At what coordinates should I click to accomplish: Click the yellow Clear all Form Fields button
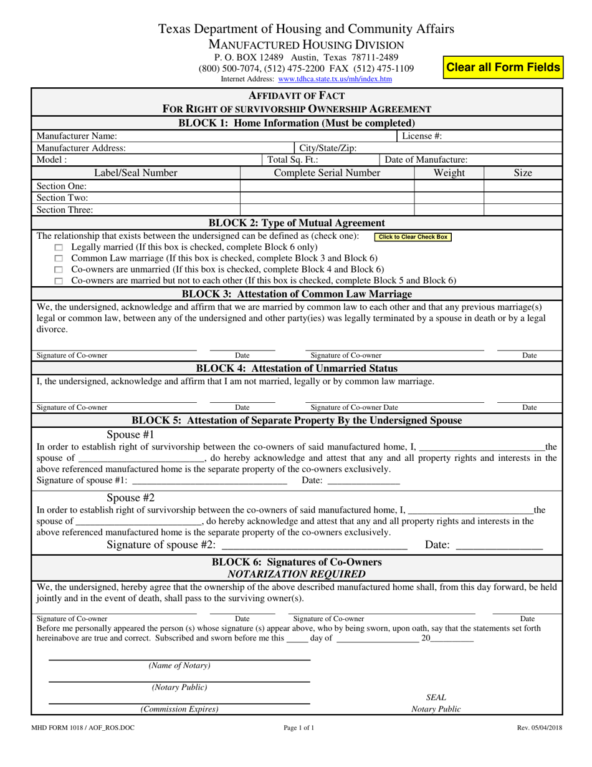point(503,67)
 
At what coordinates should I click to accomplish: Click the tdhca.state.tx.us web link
point(335,79)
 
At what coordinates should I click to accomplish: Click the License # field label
point(422,135)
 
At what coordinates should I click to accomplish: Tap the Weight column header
point(449,173)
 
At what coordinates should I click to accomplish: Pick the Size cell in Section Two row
point(522,198)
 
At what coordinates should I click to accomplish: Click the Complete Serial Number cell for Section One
point(327,186)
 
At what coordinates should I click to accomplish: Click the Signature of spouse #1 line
point(210,481)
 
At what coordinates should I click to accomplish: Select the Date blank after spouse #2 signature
point(499,546)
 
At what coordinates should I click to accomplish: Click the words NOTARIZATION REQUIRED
point(297,574)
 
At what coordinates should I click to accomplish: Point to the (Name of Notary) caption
point(179,665)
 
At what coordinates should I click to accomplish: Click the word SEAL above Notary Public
point(436,697)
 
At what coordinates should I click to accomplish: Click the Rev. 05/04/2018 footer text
point(540,727)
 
